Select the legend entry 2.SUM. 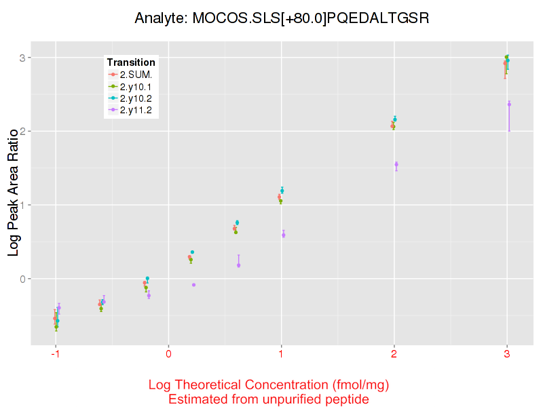coord(136,75)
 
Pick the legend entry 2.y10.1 coord(136,87)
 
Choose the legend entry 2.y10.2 coord(136,99)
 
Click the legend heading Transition coord(131,62)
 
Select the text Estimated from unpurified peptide coord(268,400)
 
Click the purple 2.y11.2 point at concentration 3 coord(509,104)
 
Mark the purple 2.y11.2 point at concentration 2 coord(396,164)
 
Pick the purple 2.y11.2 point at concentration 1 coord(283,235)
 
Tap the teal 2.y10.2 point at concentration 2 coord(395,119)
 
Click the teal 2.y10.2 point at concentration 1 coord(282,191)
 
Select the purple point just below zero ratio coord(193,285)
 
